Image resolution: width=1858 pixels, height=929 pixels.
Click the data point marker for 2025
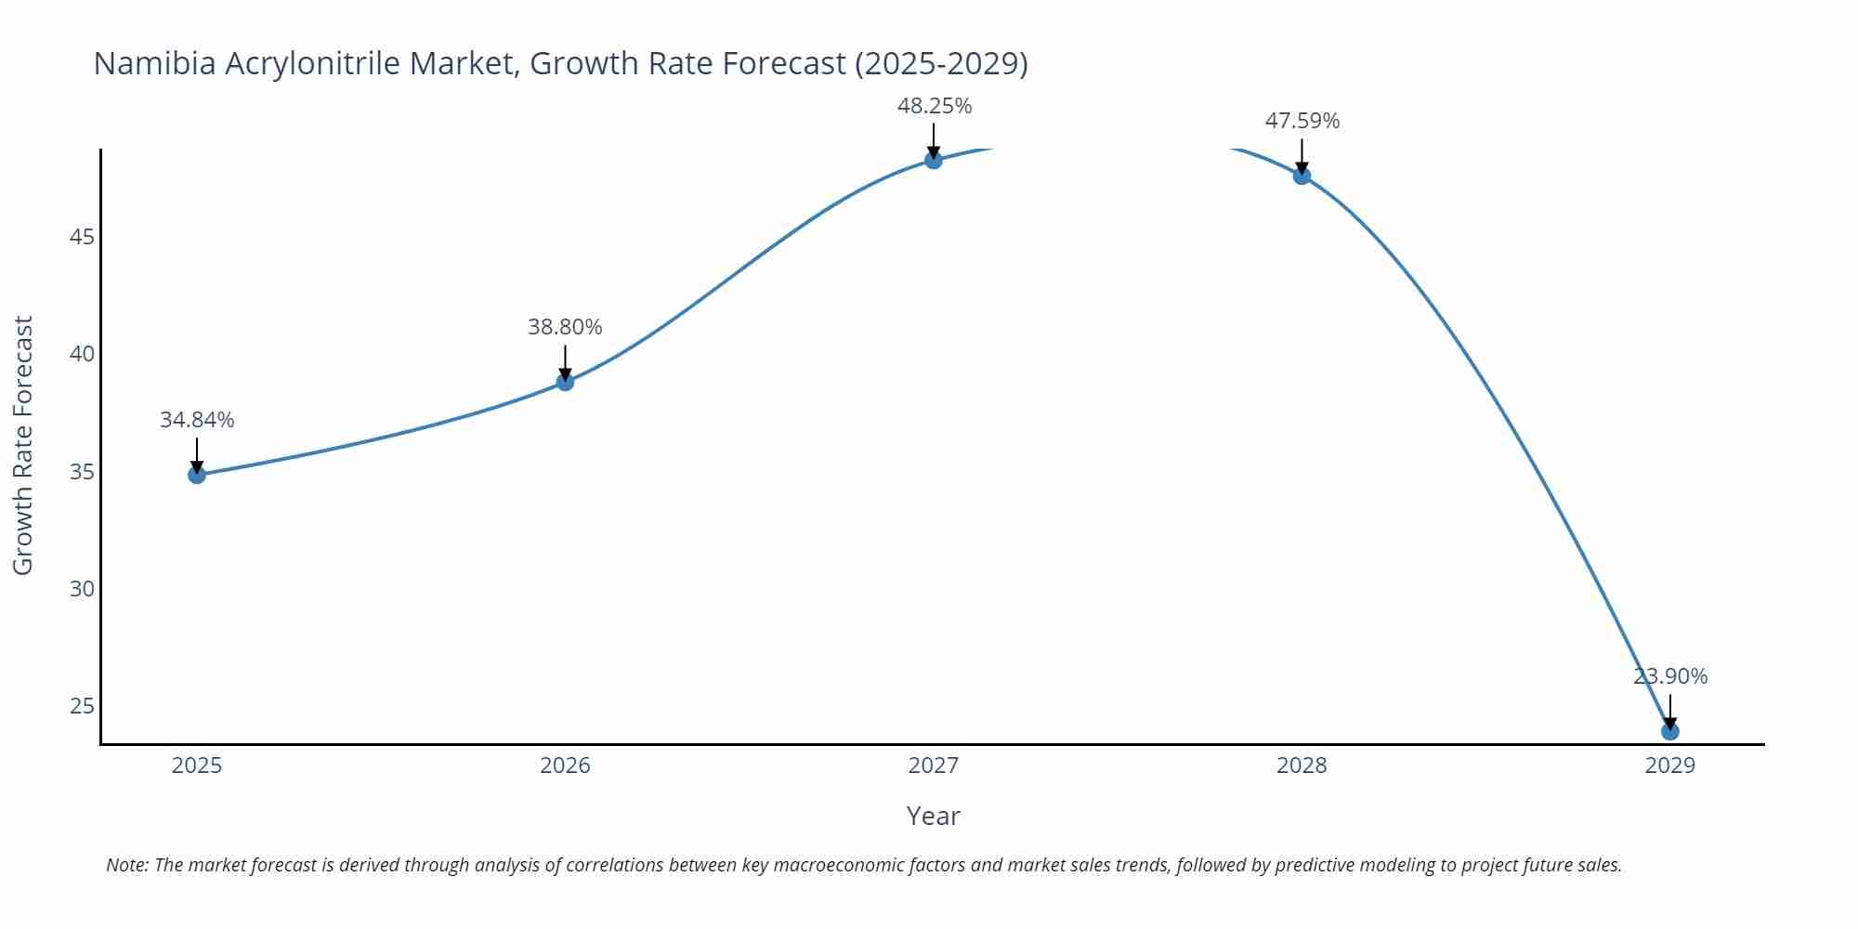[x=197, y=475]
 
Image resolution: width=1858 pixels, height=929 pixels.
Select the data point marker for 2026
[x=565, y=382]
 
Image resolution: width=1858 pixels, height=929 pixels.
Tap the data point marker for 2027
[x=934, y=161]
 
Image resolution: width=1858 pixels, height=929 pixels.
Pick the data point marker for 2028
[x=1302, y=176]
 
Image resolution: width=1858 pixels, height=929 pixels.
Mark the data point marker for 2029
[x=1669, y=731]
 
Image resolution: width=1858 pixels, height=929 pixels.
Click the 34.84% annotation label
[x=197, y=420]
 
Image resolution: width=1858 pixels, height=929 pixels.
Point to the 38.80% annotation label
[x=565, y=327]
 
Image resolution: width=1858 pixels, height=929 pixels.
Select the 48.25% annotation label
[x=934, y=106]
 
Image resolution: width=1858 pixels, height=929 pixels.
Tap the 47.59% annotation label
[x=1302, y=121]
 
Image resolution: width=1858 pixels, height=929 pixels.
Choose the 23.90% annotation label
[x=1669, y=676]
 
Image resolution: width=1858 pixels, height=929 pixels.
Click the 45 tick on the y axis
[x=82, y=237]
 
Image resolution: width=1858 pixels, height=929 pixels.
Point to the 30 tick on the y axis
[x=82, y=589]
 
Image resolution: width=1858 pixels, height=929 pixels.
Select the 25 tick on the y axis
[x=82, y=706]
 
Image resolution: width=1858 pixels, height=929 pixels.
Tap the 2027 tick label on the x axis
[x=934, y=765]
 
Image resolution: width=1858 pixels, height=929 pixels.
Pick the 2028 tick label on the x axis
[x=1302, y=765]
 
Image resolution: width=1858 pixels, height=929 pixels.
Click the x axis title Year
[x=933, y=816]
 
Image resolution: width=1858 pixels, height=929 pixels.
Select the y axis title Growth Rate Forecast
[x=23, y=445]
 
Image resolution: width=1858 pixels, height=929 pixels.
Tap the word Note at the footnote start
[x=126, y=865]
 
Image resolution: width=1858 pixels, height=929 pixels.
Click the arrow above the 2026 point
[x=565, y=361]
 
